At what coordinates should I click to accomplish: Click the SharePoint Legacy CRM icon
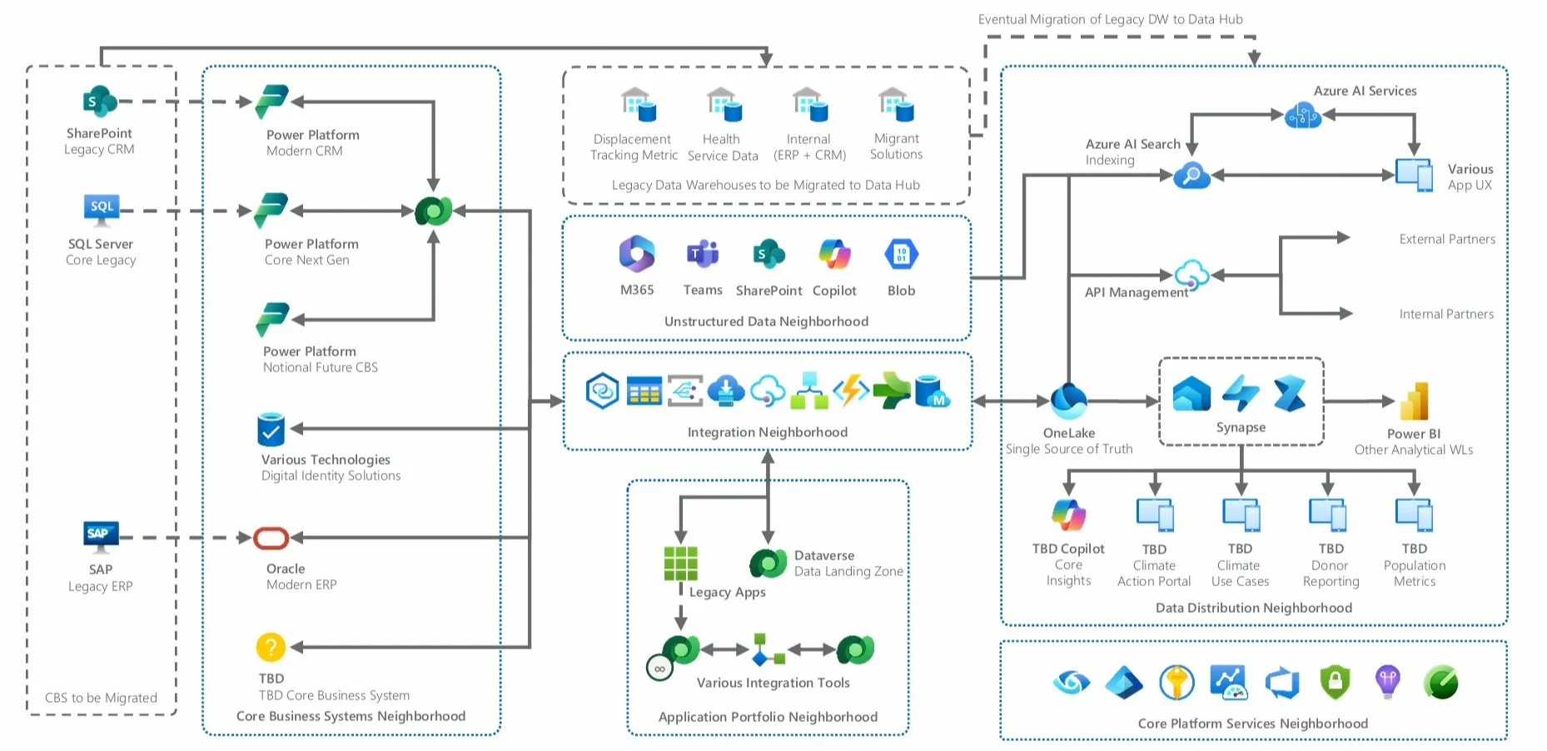coord(100,102)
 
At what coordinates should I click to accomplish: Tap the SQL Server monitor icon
coord(102,210)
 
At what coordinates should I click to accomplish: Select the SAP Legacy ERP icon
coord(101,536)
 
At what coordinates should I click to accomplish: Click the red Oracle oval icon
coord(271,538)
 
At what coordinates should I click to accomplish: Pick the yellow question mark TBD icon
coord(271,647)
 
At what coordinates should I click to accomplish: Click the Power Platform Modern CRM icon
coord(271,102)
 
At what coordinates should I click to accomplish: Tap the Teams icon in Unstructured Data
coord(703,254)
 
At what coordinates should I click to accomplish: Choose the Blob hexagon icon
coord(901,254)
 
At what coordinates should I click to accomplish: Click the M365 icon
coord(637,254)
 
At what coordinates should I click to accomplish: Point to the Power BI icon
coord(1414,400)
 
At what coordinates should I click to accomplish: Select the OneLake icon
coord(1068,400)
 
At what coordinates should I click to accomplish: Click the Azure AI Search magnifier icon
coord(1191,176)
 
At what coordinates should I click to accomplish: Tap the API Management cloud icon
coord(1191,274)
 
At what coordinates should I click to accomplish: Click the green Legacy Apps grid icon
coord(680,563)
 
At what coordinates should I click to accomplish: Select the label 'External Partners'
coord(1447,239)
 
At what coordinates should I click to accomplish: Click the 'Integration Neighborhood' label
coord(767,432)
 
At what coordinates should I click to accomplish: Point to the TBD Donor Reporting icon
coord(1328,515)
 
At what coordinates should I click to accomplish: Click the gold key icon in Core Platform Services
coord(1176,683)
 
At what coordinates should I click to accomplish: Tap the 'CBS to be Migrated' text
coord(101,698)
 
